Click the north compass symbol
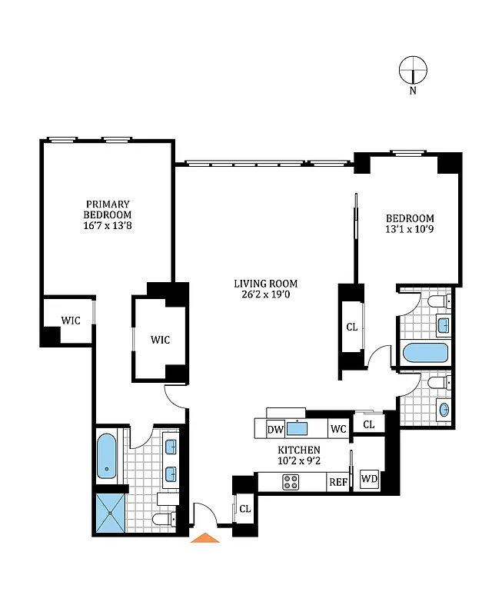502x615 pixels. [413, 71]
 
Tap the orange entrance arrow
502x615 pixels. [204, 537]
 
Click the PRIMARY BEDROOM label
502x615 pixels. [108, 209]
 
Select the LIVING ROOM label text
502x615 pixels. [265, 283]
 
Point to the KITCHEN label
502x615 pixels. [299, 450]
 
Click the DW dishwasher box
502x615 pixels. [275, 429]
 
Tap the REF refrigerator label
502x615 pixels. [338, 483]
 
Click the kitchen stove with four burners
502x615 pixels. [291, 482]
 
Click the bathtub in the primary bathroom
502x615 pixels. [106, 457]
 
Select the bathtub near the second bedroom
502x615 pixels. [425, 354]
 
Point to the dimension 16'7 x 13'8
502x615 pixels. [108, 226]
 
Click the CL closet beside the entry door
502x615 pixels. [244, 508]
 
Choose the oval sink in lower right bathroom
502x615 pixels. [444, 408]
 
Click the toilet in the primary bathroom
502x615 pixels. [165, 520]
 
